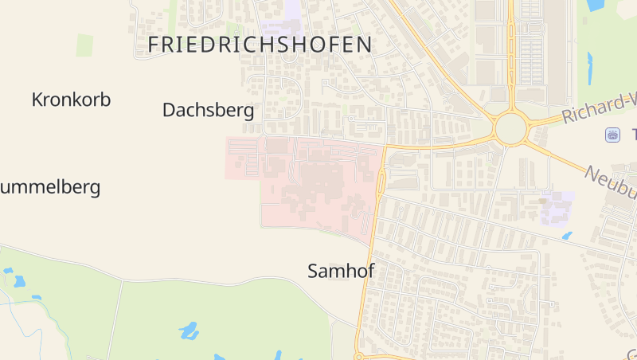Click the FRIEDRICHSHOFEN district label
coord(260,45)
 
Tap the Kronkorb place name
coord(71,100)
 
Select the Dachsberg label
coord(208,110)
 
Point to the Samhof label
coord(341,272)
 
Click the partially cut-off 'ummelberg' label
coord(50,188)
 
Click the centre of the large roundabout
coord(510,127)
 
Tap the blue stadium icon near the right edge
coord(612,135)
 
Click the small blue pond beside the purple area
coord(566,236)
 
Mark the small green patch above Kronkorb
coord(84,45)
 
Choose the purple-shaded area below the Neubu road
coord(557,207)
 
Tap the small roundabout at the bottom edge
coord(360,356)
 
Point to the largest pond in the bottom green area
coord(189,330)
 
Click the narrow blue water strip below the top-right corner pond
coord(590,68)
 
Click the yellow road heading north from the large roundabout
coord(510,56)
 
